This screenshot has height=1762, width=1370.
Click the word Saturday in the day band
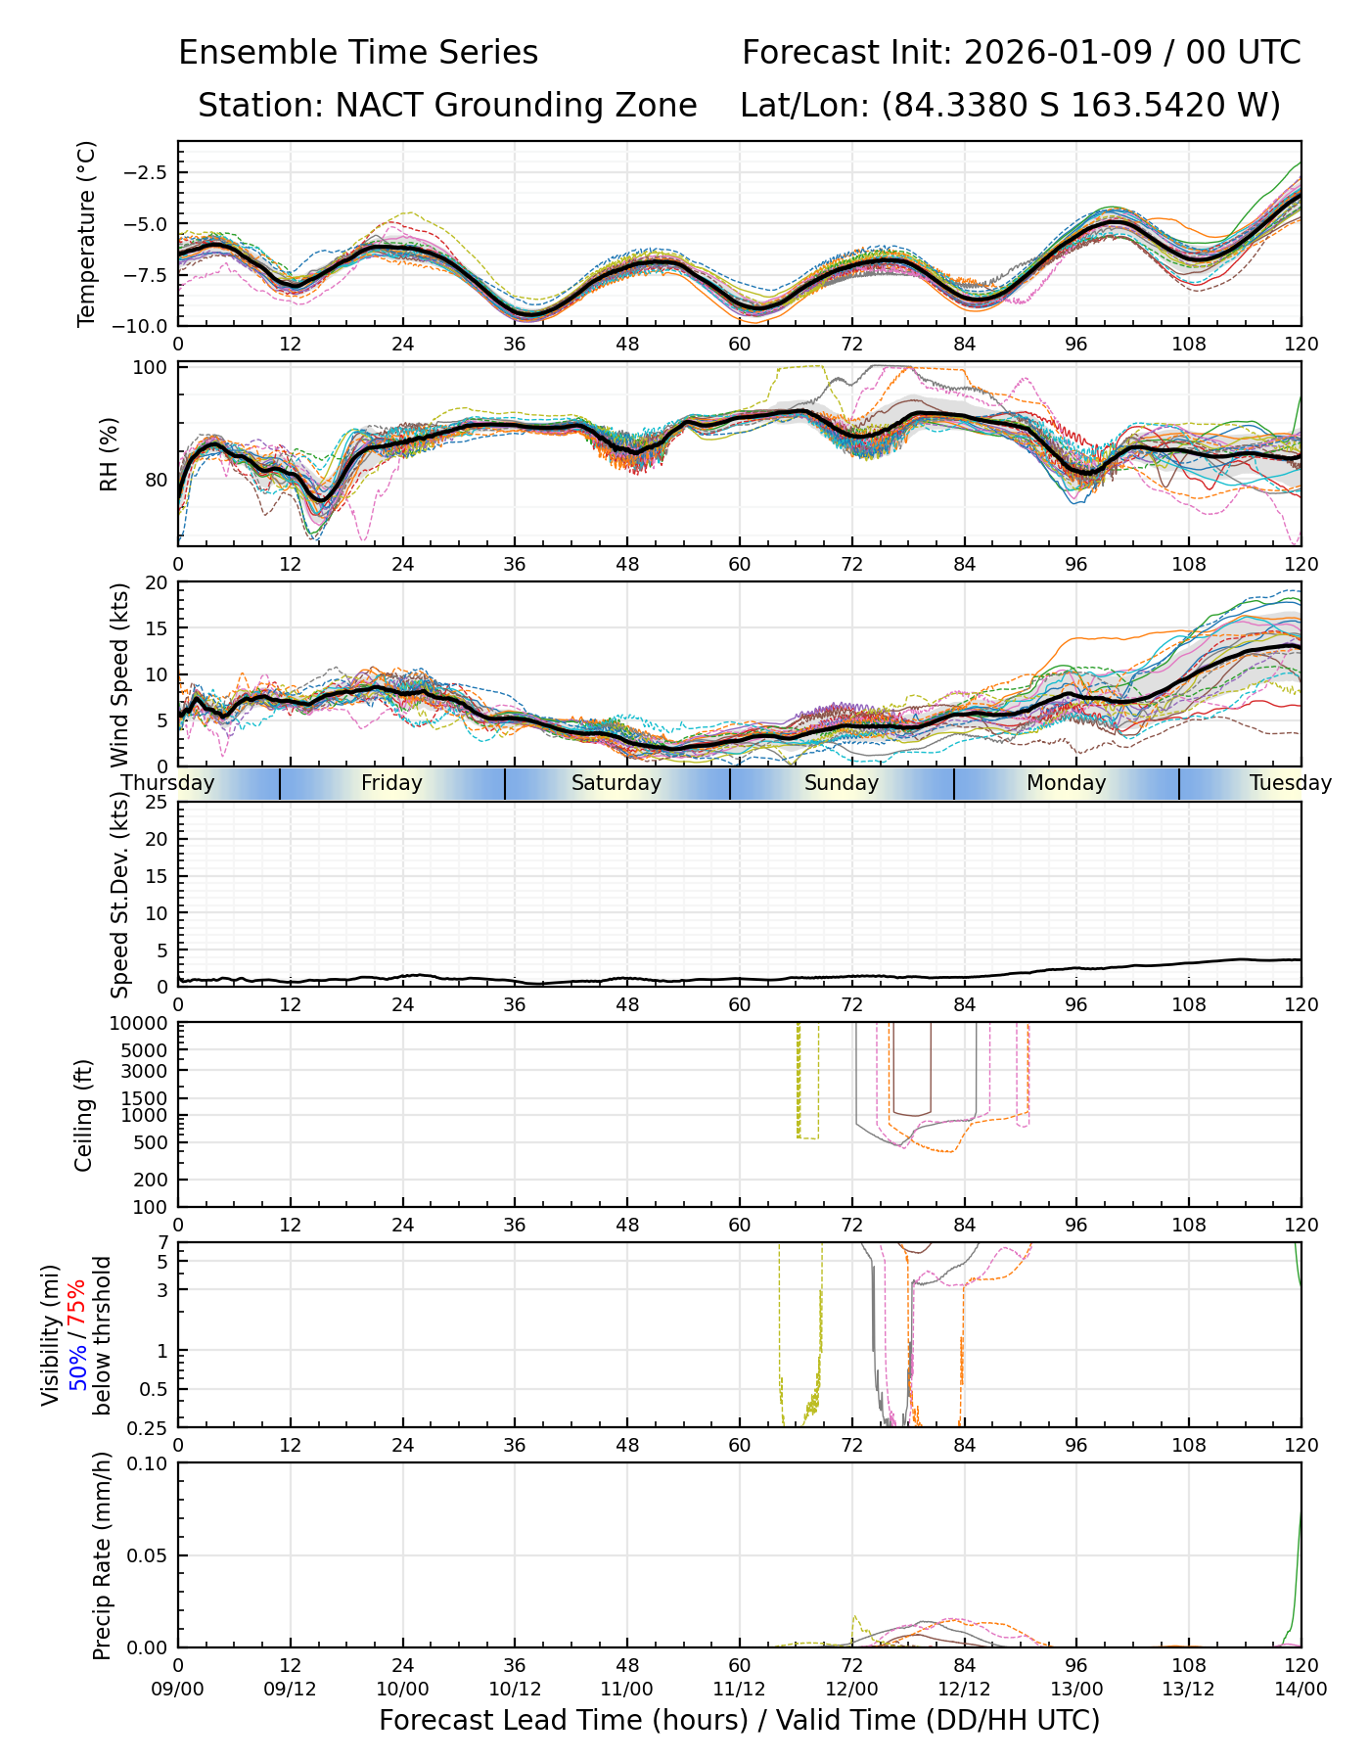click(616, 783)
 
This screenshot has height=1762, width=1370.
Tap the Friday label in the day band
click(391, 783)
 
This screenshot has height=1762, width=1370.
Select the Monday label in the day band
click(1067, 783)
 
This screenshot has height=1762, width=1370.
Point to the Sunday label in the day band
click(842, 783)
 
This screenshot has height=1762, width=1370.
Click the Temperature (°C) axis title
click(87, 233)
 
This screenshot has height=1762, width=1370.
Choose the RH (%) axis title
click(109, 454)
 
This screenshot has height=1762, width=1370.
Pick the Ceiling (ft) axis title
click(85, 1115)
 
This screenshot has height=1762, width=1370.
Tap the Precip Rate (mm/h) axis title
click(102, 1555)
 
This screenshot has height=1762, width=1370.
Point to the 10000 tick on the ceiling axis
click(142, 1024)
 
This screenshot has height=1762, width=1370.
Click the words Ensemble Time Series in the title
click(358, 53)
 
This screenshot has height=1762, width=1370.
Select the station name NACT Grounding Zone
click(516, 106)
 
